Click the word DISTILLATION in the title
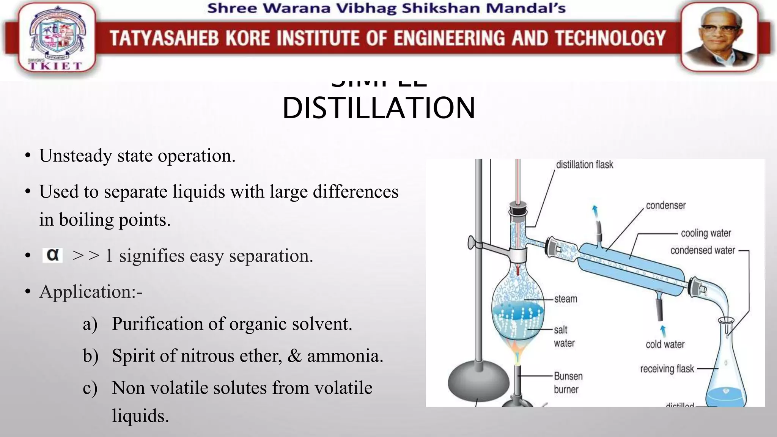pos(379,108)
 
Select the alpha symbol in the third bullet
pos(52,255)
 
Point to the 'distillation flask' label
pos(584,165)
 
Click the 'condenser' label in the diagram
pos(665,206)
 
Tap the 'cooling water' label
pos(706,233)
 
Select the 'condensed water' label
pos(702,250)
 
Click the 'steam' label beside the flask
pos(565,299)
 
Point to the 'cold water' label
pos(665,344)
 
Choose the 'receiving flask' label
pos(667,369)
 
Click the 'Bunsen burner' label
pos(568,383)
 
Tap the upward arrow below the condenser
pos(663,331)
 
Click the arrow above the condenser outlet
pos(595,211)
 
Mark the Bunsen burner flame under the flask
pos(516,351)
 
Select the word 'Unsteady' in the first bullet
pos(75,156)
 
